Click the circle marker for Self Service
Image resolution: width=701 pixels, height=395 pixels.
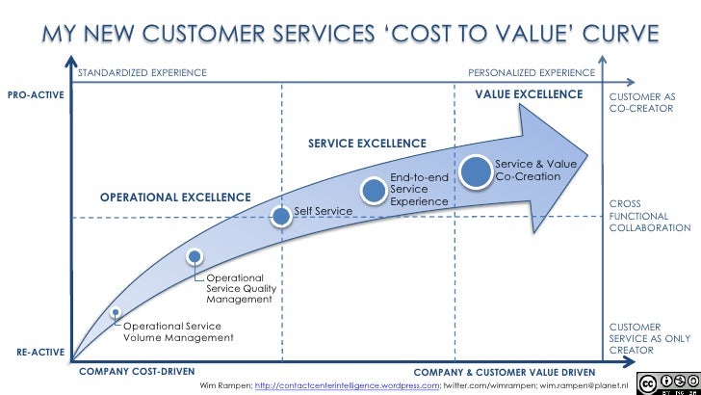click(x=280, y=216)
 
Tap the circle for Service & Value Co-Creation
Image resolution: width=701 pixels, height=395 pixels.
click(x=476, y=171)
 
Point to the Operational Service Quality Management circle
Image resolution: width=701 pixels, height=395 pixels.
click(x=195, y=256)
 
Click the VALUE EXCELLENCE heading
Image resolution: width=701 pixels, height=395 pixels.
click(x=529, y=94)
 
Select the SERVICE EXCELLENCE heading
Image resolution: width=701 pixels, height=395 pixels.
click(x=366, y=144)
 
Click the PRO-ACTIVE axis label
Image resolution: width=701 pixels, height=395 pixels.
click(x=34, y=95)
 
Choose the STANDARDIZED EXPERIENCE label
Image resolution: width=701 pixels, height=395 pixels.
click(x=142, y=72)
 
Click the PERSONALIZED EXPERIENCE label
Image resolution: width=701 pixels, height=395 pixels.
click(x=531, y=72)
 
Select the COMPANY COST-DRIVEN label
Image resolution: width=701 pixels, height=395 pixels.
click(x=136, y=371)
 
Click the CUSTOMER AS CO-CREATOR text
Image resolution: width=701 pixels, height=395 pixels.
click(x=636, y=103)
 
